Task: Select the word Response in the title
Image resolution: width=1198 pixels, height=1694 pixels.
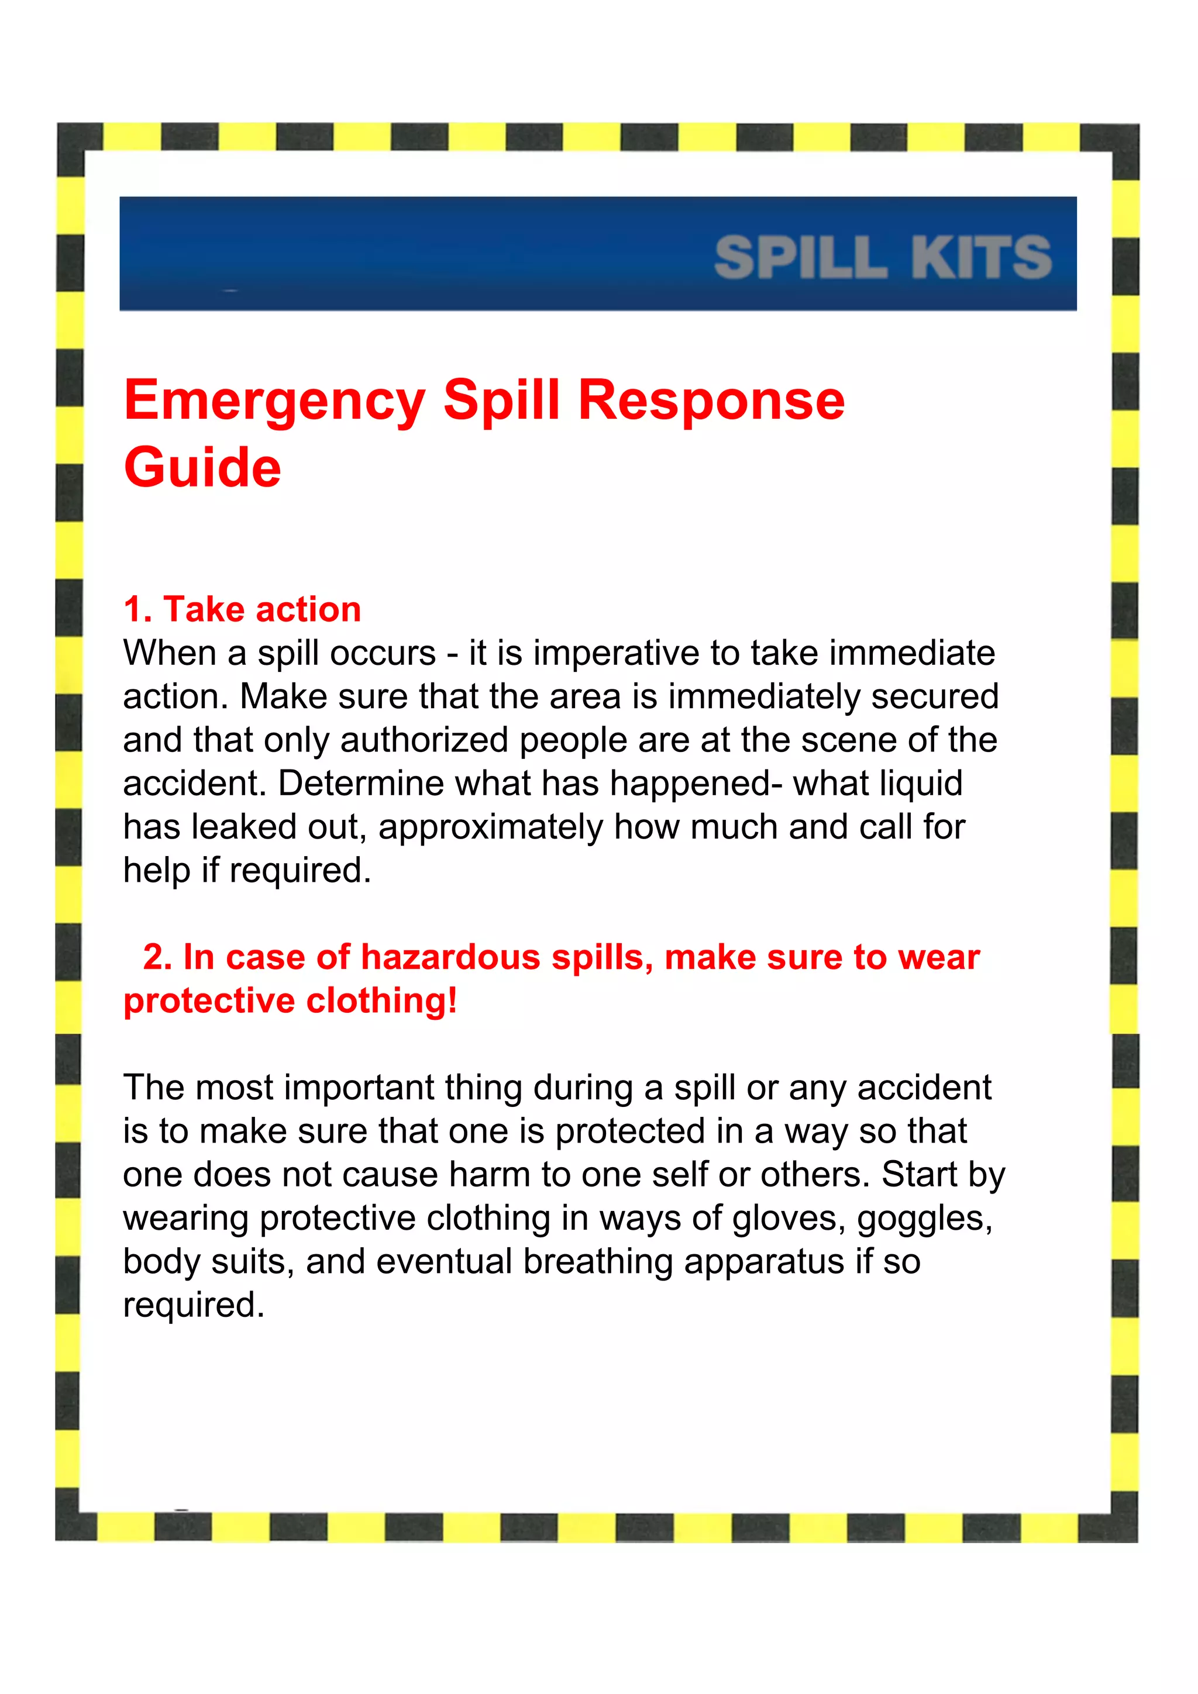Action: pyautogui.click(x=711, y=400)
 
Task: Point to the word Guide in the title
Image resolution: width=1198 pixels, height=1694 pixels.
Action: pyautogui.click(x=202, y=468)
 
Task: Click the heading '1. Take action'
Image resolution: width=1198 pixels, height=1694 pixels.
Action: pyautogui.click(x=242, y=609)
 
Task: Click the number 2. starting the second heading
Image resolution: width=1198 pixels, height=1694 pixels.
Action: pyautogui.click(x=157, y=958)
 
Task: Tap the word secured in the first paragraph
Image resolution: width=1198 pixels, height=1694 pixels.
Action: pyautogui.click(x=935, y=696)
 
